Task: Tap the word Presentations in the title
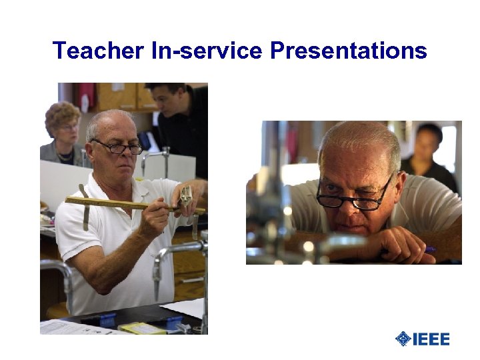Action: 348,51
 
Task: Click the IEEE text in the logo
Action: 431,339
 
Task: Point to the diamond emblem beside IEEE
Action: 403,339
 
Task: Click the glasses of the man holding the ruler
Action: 119,147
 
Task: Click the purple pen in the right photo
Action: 430,250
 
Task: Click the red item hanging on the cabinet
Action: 86,96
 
